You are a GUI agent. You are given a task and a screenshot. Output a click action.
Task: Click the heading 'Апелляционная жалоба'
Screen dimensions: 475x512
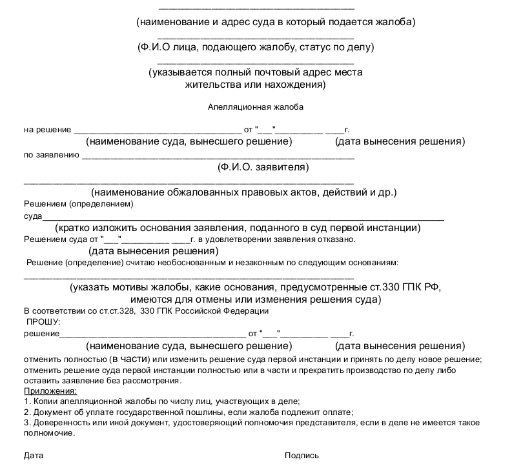256,107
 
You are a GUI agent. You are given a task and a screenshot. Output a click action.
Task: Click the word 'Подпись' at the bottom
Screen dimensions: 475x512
302,456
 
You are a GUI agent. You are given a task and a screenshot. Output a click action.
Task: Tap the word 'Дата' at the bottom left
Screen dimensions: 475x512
34,456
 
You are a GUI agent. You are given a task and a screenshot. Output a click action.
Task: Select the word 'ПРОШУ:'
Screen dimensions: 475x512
43,321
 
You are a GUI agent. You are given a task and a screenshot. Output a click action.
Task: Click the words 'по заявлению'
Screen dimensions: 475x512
51,155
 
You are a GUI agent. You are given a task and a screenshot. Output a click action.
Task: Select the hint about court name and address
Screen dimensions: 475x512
276,22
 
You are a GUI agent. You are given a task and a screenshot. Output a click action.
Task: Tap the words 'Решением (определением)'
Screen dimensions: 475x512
78,204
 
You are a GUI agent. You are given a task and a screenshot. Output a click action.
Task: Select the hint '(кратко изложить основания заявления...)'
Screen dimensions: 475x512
238,228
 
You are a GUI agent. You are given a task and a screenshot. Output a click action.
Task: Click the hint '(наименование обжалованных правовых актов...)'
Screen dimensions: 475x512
243,192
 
